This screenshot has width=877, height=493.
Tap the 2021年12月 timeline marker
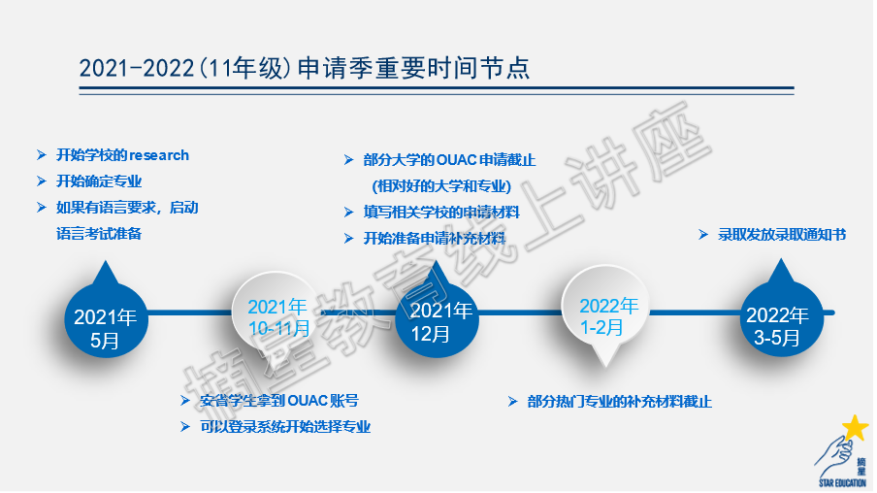pyautogui.click(x=437, y=316)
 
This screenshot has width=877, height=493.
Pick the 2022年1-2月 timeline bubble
pyautogui.click(x=605, y=312)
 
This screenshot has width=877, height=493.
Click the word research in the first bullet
pyautogui.click(x=159, y=155)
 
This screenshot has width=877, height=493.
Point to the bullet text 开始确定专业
pyautogui.click(x=99, y=181)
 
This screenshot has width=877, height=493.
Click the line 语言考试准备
pyautogui.click(x=99, y=234)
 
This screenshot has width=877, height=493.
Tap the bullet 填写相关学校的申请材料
pyautogui.click(x=441, y=213)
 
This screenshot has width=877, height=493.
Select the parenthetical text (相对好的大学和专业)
pyautogui.click(x=441, y=186)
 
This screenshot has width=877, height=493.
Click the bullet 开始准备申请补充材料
pyautogui.click(x=435, y=239)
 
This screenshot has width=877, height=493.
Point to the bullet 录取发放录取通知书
pyautogui.click(x=782, y=235)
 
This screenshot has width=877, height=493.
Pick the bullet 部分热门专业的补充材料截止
pyautogui.click(x=620, y=402)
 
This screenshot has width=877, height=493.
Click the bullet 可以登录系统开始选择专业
pyautogui.click(x=285, y=427)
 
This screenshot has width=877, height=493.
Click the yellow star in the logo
pyautogui.click(x=856, y=428)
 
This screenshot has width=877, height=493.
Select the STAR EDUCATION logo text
pyautogui.click(x=842, y=483)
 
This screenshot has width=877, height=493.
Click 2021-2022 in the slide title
pyautogui.click(x=136, y=68)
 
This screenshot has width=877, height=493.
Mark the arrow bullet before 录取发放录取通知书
pyautogui.click(x=703, y=235)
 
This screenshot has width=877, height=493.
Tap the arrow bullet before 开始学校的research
pyautogui.click(x=42, y=155)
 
